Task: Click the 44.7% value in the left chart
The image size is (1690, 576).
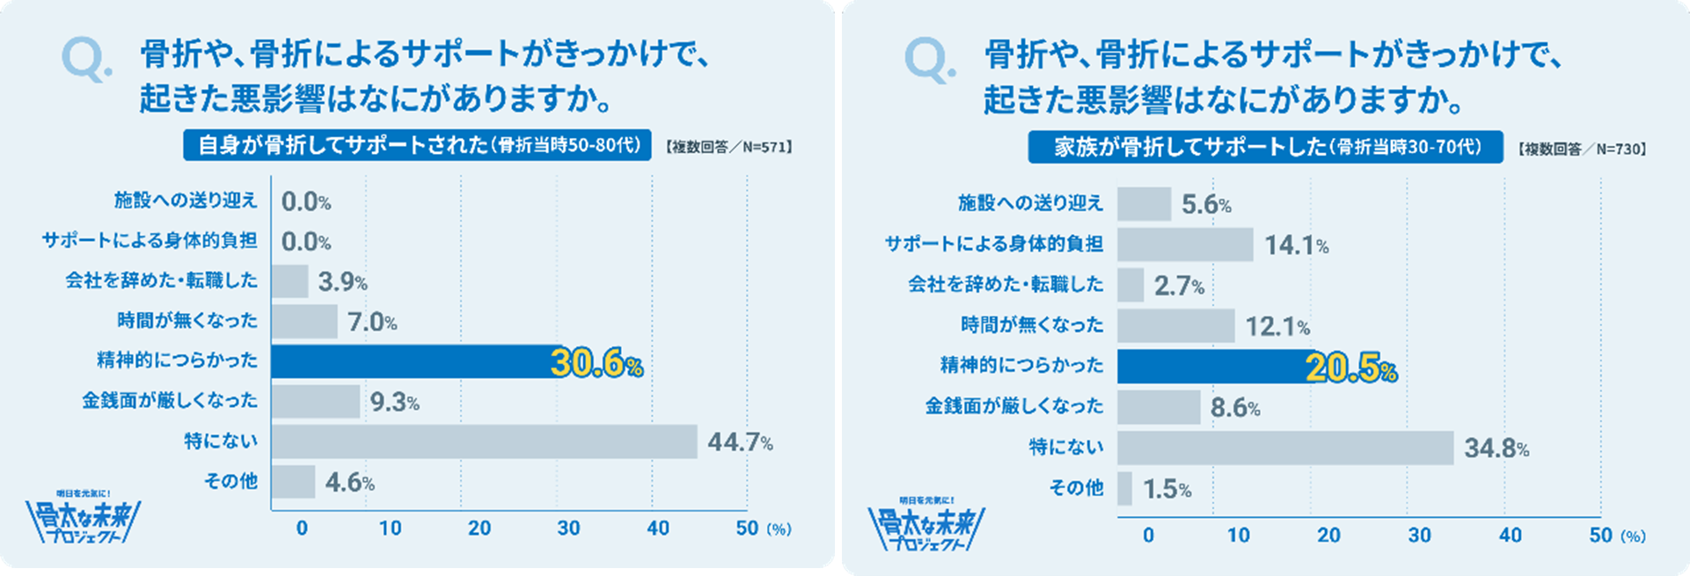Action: click(x=739, y=441)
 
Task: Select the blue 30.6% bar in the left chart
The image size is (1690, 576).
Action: click(x=413, y=361)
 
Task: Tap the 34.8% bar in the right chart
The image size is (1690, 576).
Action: click(x=1284, y=448)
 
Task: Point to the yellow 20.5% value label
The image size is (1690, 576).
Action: click(x=1350, y=368)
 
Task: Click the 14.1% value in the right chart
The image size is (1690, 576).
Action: click(x=1296, y=245)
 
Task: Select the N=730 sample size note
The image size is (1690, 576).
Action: click(x=1581, y=149)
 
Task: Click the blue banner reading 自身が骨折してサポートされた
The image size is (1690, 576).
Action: click(x=417, y=145)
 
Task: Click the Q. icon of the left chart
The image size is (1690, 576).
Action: click(x=85, y=61)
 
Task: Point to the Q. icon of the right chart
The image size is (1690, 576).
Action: click(x=929, y=61)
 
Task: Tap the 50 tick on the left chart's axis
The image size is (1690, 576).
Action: click(x=747, y=529)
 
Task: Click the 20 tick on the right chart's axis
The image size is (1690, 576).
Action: click(x=1328, y=536)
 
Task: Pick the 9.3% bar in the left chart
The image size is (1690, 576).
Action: click(x=315, y=402)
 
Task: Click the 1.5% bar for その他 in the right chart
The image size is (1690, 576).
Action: click(x=1124, y=489)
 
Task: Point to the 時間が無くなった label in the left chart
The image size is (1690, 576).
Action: click(x=187, y=321)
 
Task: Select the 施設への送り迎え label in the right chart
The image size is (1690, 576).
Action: click(x=1030, y=204)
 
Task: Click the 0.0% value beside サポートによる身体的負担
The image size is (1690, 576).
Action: click(x=305, y=242)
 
